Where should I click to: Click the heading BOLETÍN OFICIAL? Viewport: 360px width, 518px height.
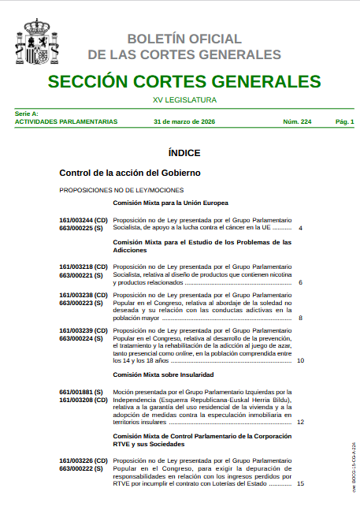click(x=184, y=39)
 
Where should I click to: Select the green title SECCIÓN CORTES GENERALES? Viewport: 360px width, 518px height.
click(x=184, y=82)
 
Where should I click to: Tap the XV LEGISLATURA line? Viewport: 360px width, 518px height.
click(x=184, y=100)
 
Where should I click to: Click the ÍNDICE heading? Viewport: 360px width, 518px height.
click(x=184, y=153)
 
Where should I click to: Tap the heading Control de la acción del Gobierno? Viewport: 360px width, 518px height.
click(x=130, y=172)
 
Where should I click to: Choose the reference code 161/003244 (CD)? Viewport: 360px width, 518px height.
click(x=84, y=220)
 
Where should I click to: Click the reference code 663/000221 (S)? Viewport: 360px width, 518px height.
click(x=81, y=275)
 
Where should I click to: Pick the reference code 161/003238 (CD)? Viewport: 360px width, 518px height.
click(x=84, y=295)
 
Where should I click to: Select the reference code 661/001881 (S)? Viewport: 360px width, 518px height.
click(x=81, y=392)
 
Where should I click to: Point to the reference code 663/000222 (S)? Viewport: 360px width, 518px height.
click(x=81, y=468)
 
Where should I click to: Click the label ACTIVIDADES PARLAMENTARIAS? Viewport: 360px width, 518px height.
click(x=66, y=121)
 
